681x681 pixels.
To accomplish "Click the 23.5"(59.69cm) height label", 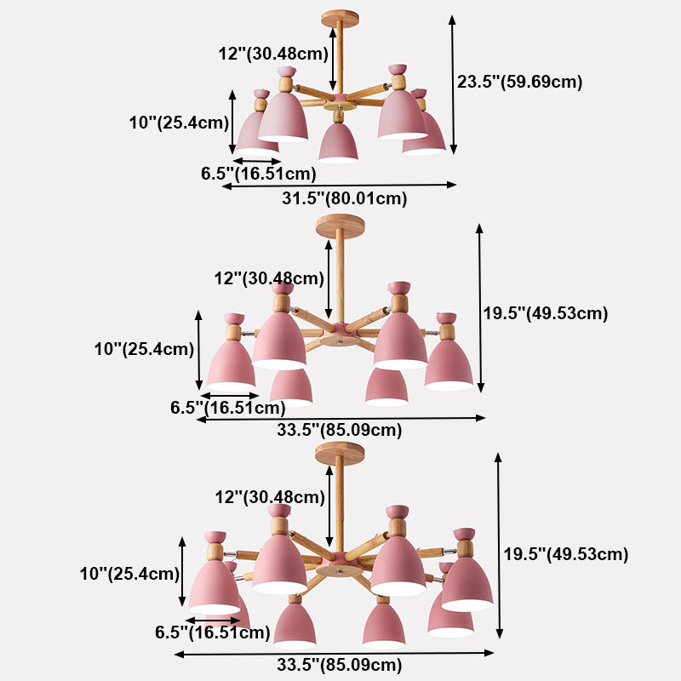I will (x=519, y=83).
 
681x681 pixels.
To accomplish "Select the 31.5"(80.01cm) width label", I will (x=344, y=199).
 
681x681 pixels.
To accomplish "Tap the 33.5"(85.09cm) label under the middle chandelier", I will (x=339, y=430).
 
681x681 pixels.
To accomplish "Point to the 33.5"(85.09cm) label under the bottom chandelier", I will (x=339, y=665).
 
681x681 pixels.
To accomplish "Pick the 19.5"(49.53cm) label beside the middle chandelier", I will (x=546, y=313).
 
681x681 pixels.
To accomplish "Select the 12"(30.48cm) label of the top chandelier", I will (x=273, y=53).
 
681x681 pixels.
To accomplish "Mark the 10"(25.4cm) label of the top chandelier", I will (x=179, y=123).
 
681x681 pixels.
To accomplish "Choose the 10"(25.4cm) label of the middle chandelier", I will (x=144, y=348).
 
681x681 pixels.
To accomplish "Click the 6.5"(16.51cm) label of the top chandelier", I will (x=259, y=174).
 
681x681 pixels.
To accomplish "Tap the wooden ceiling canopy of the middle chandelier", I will (x=340, y=226).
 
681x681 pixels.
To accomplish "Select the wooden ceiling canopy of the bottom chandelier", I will (x=340, y=453).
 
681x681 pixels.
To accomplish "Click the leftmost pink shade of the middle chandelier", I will (x=231, y=366).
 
